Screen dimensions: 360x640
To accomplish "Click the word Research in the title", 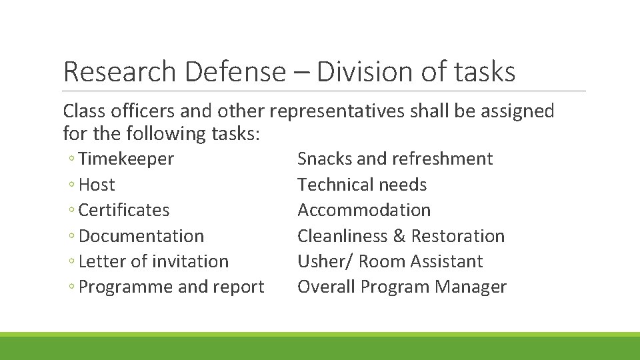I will coord(120,72).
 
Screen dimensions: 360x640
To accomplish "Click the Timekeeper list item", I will coord(126,159).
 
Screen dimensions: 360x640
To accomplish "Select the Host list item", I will coord(97,185).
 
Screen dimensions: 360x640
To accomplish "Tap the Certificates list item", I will coord(124,210).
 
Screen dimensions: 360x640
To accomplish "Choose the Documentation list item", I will coord(141,236).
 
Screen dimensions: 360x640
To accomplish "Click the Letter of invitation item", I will coord(153,261).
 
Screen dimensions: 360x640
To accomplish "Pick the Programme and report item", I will coord(171,287).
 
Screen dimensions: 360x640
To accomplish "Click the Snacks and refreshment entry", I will coord(395,159).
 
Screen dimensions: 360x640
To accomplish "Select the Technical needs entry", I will coord(362,185).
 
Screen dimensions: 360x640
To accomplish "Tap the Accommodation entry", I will coord(364,210).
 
